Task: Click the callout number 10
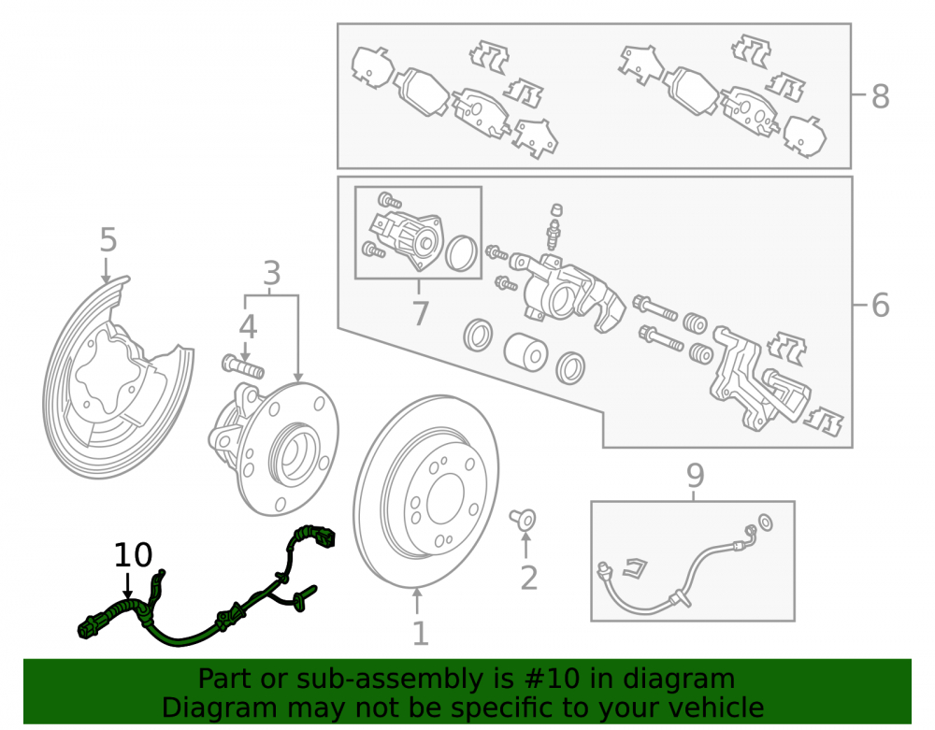pos(133,555)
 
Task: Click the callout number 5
pos(108,240)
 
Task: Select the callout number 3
pos(271,274)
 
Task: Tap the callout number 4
pos(248,327)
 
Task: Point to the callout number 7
pos(421,313)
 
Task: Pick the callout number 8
pos(880,96)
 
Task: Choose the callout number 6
pos(880,305)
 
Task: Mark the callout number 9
pos(696,475)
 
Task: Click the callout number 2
pos(529,578)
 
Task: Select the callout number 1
pos(421,634)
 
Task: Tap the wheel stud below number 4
pos(243,365)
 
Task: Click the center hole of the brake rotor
pos(445,500)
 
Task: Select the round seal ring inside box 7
pos(462,253)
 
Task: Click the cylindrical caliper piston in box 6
pos(525,351)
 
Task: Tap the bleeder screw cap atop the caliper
pos(555,209)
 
